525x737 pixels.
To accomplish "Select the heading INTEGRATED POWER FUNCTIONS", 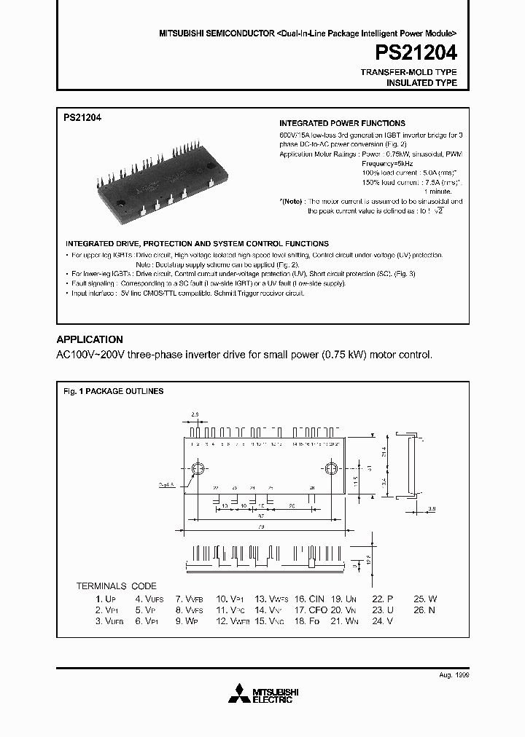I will [342, 124].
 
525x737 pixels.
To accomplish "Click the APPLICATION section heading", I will [90, 339].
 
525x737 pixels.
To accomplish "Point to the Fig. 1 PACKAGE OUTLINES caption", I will [113, 391].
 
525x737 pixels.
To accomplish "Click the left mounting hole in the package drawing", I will [197, 468].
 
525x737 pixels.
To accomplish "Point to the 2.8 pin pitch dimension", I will [195, 414].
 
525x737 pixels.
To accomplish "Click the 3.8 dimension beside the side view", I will [431, 508].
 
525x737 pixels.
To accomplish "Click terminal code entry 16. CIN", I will [310, 599].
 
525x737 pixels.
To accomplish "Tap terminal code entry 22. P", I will [384, 599].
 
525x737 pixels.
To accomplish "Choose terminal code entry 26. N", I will [425, 610].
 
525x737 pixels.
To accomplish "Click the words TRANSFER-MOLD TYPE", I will [409, 72].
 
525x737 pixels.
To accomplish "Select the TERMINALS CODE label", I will [117, 586].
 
